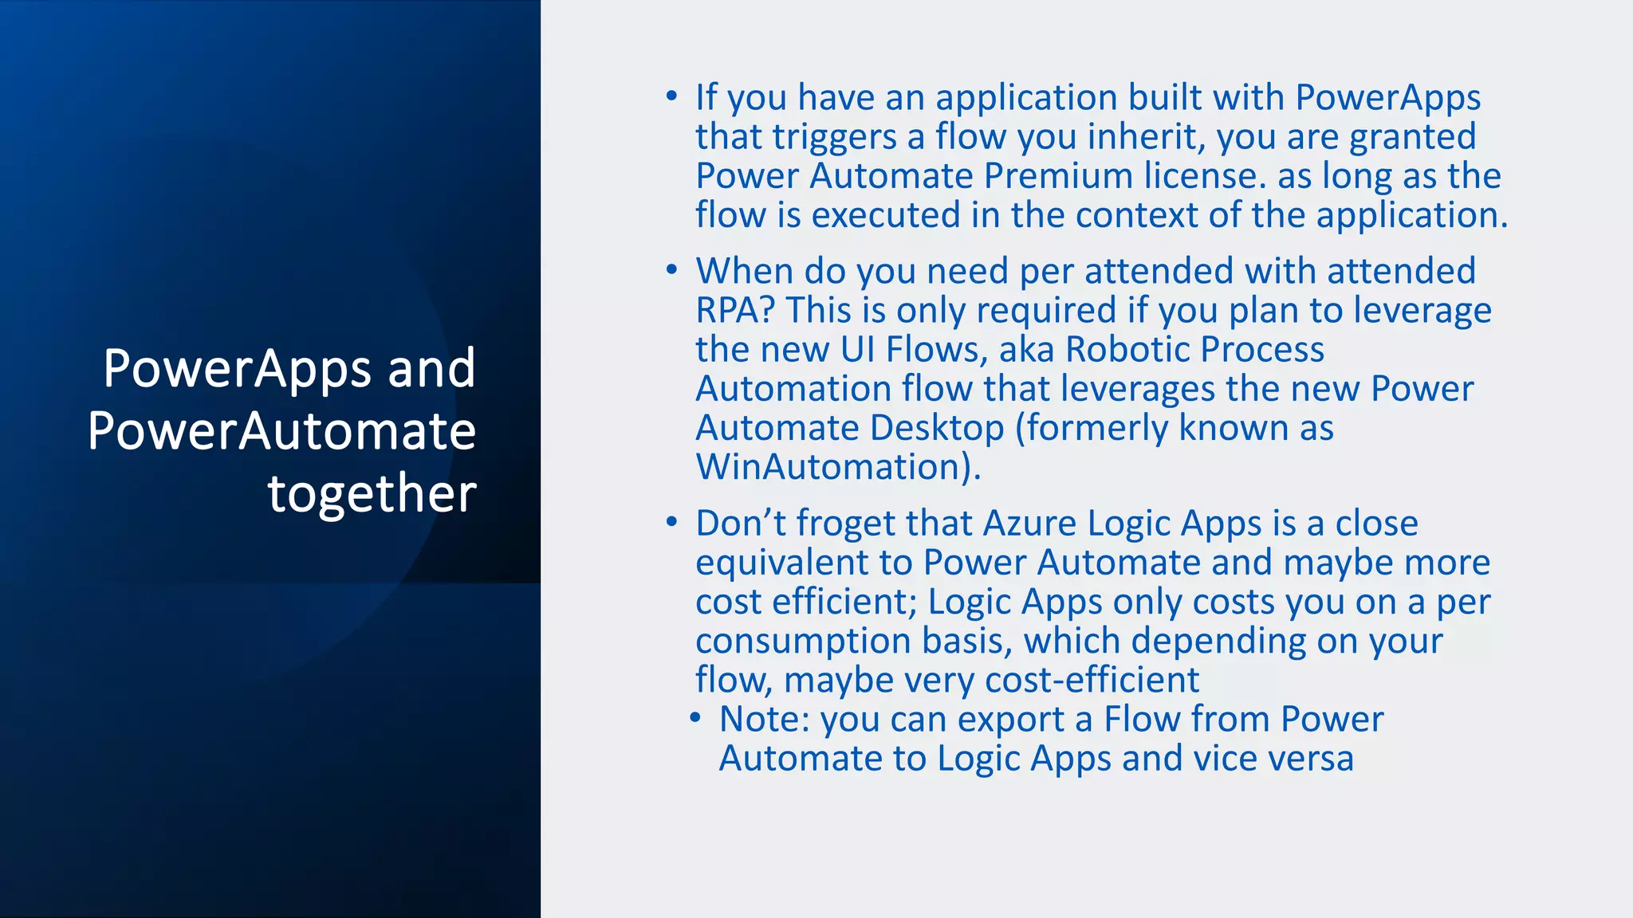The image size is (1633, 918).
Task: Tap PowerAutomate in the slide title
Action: (281, 431)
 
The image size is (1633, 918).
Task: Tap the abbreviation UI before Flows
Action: (858, 349)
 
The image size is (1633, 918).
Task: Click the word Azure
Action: (1029, 524)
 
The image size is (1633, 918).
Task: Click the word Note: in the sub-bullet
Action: (765, 719)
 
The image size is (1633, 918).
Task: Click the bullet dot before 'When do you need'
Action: (672, 270)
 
